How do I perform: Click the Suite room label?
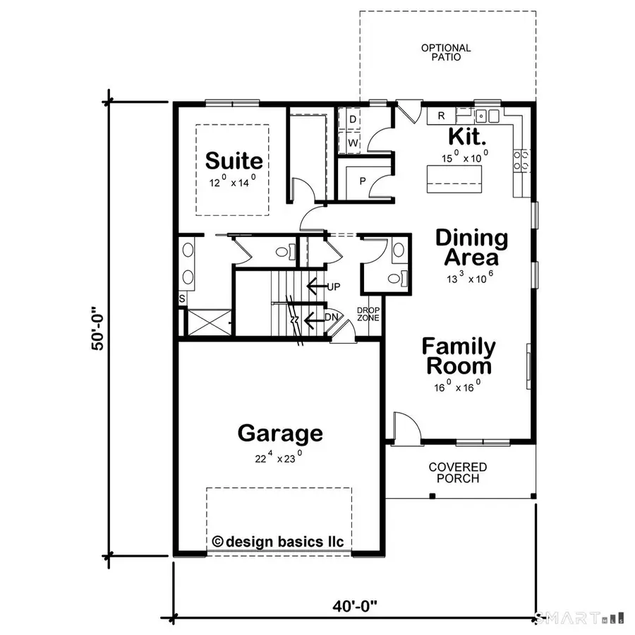234,161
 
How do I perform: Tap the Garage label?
280,433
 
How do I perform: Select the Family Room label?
459,356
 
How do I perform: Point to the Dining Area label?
471,247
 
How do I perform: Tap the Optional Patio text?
446,52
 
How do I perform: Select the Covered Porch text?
458,473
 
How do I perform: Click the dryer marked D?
352,119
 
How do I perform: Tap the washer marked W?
352,143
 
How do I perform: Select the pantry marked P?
363,181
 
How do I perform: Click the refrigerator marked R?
441,116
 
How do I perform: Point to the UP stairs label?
334,287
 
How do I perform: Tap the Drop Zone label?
368,314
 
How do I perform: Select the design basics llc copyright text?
278,542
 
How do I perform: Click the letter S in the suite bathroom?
182,299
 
